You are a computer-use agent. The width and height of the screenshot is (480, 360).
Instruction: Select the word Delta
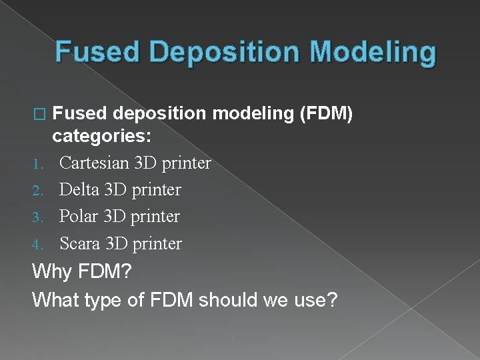[80, 190]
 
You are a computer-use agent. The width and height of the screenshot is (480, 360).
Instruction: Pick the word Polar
[79, 217]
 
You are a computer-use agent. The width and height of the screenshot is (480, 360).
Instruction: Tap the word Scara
[80, 243]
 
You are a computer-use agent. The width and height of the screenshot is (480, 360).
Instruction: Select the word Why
[51, 272]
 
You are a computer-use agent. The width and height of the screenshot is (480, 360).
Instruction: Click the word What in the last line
[56, 299]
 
